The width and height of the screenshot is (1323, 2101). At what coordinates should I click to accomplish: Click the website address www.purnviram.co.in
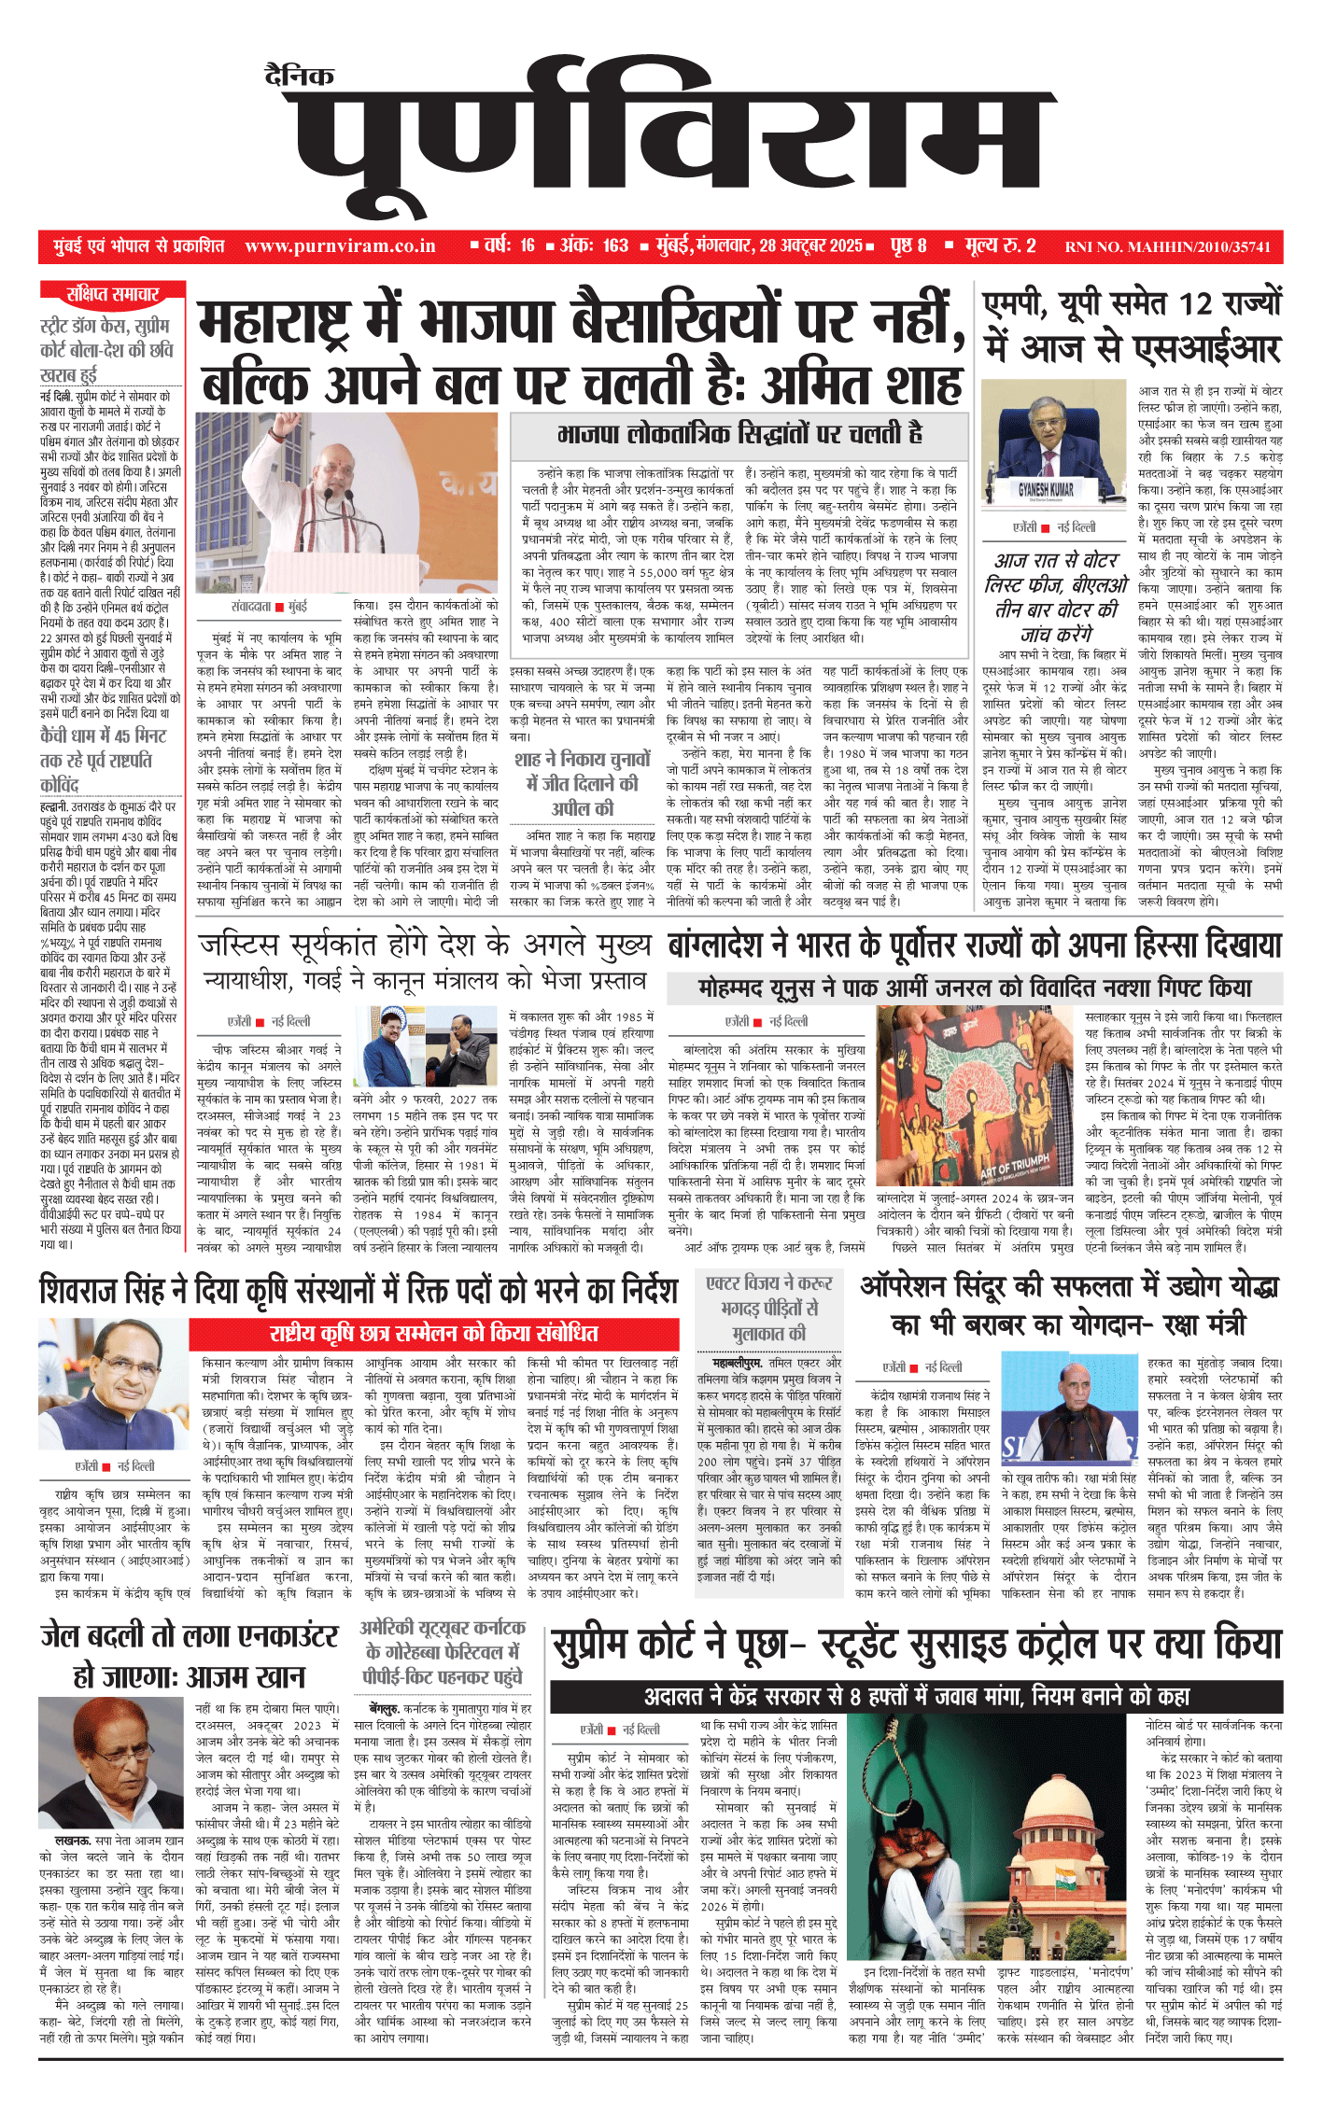(x=340, y=246)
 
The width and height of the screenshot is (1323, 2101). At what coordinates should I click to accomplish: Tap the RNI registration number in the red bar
(x=1168, y=247)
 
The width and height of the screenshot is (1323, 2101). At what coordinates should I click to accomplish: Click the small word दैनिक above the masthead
(x=299, y=77)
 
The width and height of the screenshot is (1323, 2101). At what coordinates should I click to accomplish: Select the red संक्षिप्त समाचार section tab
(x=113, y=295)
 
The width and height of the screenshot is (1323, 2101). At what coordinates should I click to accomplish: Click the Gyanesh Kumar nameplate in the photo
(x=1046, y=489)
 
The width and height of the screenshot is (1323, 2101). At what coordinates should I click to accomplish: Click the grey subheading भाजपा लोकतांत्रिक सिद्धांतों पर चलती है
(x=739, y=434)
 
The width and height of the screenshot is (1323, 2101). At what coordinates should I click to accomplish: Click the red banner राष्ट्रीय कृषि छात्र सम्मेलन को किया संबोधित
(x=434, y=1333)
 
